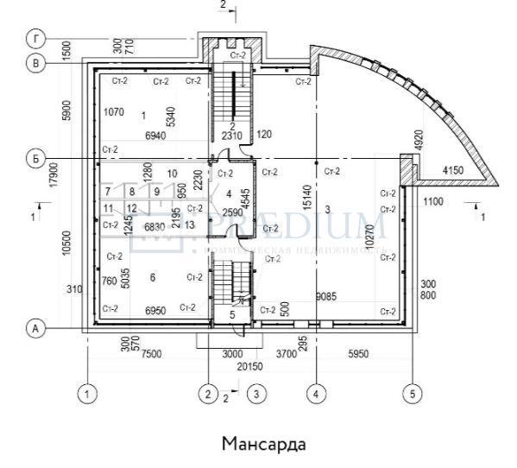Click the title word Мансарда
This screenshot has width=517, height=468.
pyautogui.click(x=264, y=445)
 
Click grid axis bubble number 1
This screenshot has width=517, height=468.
pyautogui.click(x=86, y=394)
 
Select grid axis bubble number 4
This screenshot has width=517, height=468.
pyautogui.click(x=316, y=394)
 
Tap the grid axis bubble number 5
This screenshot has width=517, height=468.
pyautogui.click(x=413, y=394)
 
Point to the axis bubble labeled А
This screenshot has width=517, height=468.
pyautogui.click(x=35, y=329)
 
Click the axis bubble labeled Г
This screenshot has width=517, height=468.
pyautogui.click(x=35, y=40)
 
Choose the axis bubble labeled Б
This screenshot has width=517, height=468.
pyautogui.click(x=35, y=159)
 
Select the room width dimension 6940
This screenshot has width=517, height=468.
pyautogui.click(x=155, y=136)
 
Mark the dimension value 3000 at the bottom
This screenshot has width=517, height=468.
pyautogui.click(x=233, y=354)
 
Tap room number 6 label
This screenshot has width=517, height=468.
pyautogui.click(x=152, y=277)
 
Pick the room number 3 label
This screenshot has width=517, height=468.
pyautogui.click(x=328, y=210)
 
